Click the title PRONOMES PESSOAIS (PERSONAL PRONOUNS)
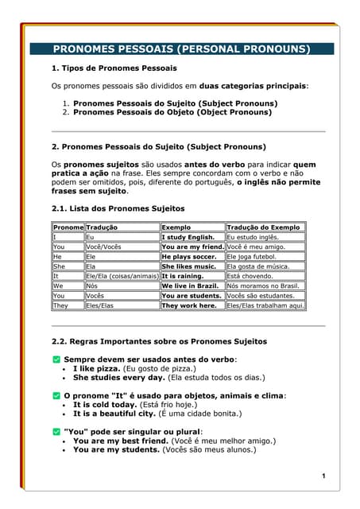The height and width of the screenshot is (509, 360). coord(181,49)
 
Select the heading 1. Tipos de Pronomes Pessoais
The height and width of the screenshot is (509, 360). coord(114,68)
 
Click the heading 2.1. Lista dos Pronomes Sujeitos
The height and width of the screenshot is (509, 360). coord(117,208)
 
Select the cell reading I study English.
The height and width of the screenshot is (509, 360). coord(188,237)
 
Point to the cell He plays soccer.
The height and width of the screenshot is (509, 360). coord(189,257)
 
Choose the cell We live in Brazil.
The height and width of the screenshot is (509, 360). coord(189,286)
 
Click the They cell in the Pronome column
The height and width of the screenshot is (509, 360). coord(60,305)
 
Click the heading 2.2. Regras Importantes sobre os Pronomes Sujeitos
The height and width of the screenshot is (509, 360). coord(159,341)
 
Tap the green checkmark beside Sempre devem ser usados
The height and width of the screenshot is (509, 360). coord(56,359)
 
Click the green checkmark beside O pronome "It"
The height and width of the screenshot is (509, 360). coord(56,395)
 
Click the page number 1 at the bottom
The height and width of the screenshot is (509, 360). coord(324,476)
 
